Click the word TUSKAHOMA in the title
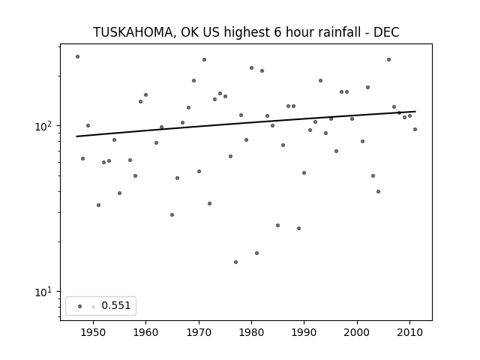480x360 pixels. click(x=133, y=32)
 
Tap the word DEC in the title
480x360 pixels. click(x=386, y=32)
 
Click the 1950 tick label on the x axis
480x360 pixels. click(x=93, y=332)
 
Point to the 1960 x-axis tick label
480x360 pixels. click(x=145, y=332)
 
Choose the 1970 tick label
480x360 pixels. click(x=199, y=332)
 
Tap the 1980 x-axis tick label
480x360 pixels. click(x=252, y=332)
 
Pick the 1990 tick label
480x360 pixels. click(x=304, y=332)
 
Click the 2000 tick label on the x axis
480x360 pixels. click(x=357, y=332)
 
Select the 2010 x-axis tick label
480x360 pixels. click(x=410, y=332)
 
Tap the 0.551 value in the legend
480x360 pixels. click(x=116, y=305)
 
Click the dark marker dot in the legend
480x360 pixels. click(x=80, y=307)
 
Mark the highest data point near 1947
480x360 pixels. click(x=77, y=57)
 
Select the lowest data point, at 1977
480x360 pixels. click(x=235, y=262)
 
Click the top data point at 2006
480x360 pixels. click(x=388, y=60)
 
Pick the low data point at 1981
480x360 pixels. click(x=256, y=253)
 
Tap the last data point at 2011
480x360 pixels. click(x=415, y=130)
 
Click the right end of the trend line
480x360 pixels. click(x=415, y=112)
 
